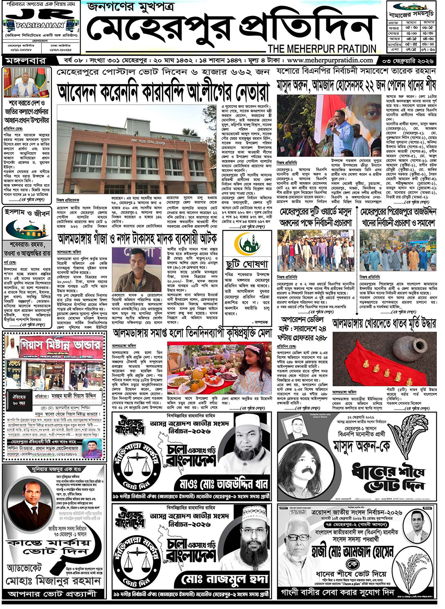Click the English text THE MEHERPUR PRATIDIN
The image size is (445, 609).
pos(322,49)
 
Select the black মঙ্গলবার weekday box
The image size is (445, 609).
pos(25,61)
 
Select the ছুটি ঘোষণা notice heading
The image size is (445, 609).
pos(247,263)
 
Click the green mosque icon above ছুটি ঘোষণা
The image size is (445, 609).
pos(247,245)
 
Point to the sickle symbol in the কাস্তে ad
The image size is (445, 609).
pos(80,555)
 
